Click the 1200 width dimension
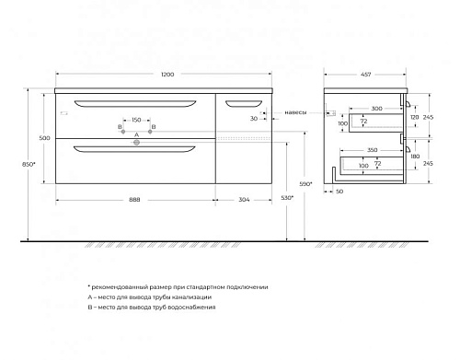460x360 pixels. (167, 75)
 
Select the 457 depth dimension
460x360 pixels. (366, 75)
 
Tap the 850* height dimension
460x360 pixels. (29, 164)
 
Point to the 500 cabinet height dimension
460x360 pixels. (44, 138)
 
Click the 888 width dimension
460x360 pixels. (134, 200)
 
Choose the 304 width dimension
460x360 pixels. (244, 200)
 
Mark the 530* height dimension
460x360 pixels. (287, 198)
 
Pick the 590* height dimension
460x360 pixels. (305, 184)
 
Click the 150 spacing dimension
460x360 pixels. (136, 120)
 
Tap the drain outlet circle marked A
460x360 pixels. (136, 143)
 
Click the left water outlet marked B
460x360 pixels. (123, 132)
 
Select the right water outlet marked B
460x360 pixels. (150, 132)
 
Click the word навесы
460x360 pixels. (295, 112)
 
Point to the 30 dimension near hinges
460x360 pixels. (254, 119)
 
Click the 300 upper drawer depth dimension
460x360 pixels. (376, 109)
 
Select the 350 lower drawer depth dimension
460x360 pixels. (373, 150)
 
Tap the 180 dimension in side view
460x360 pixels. (415, 157)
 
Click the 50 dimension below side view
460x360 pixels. (339, 192)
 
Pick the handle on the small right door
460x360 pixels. (244, 103)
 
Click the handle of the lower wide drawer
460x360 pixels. (134, 149)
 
